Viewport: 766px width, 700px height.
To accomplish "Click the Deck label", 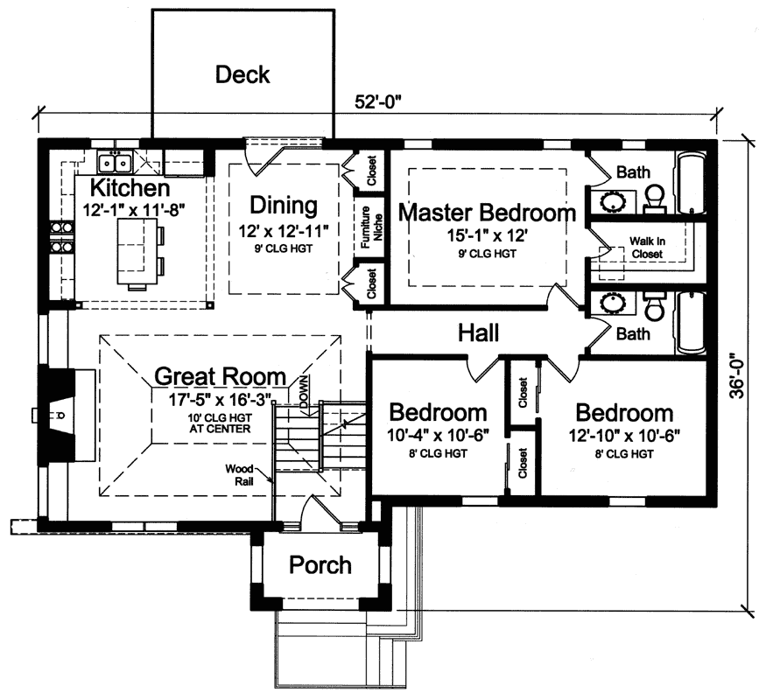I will pos(242,74).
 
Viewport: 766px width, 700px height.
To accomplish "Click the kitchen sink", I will pos(115,162).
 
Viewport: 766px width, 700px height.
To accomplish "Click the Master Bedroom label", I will pos(487,212).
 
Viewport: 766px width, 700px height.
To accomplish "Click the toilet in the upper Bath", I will pos(655,199).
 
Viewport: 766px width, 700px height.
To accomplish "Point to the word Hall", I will pos(478,332).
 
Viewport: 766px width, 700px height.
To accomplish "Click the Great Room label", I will pos(220,377).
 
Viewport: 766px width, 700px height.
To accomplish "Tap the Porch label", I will pos(320,565).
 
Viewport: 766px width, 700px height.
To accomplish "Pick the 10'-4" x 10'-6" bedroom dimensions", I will pos(438,435).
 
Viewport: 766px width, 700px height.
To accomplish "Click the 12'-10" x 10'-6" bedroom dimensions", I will pos(623,435).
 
